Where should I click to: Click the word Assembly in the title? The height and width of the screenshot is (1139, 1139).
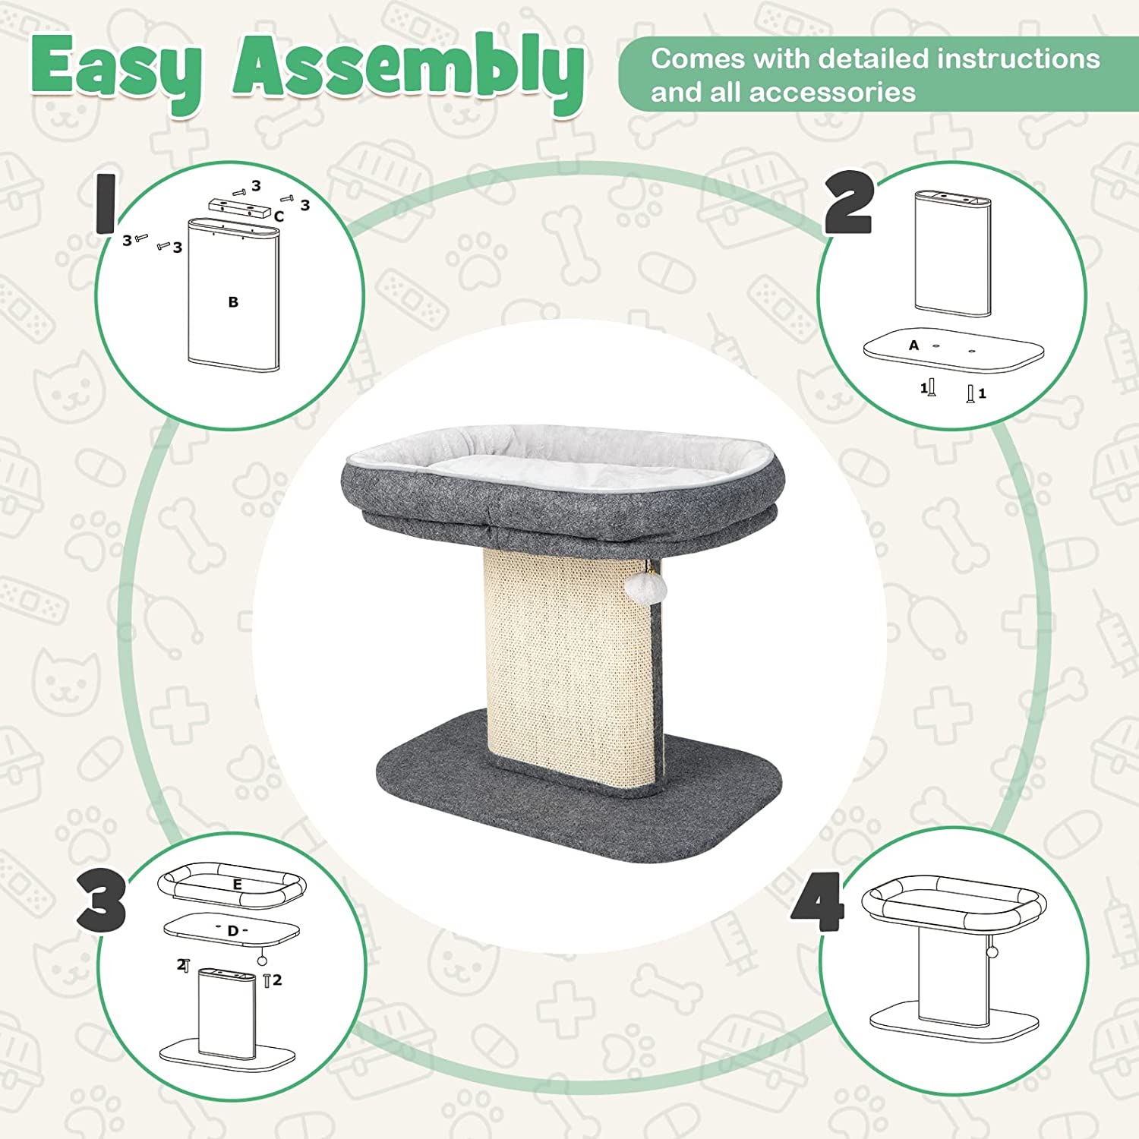coord(409,72)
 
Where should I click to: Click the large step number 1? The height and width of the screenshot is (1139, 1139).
coord(105,204)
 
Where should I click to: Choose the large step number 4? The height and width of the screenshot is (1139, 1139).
coord(819,901)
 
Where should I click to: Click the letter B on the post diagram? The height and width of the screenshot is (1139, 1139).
coord(233,302)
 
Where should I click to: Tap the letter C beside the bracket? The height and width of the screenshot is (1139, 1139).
coord(279,216)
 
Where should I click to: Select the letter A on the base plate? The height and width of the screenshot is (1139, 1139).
coord(914,345)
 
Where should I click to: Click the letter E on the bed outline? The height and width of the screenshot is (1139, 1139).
coord(237,885)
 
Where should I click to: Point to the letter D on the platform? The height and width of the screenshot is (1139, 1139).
coord(232,931)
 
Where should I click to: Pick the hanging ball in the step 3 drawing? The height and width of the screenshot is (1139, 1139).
coord(263,961)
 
